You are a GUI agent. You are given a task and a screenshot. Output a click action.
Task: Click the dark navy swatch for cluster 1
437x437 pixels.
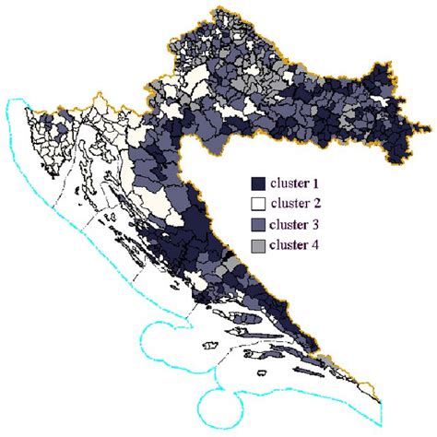tap(259, 183)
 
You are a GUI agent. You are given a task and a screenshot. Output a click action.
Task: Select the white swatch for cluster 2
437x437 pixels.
tap(259, 205)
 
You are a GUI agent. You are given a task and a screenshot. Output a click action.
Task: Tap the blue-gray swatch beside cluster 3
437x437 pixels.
tap(259, 226)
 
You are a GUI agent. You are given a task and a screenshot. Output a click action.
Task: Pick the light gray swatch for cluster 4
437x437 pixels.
tap(259, 246)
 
